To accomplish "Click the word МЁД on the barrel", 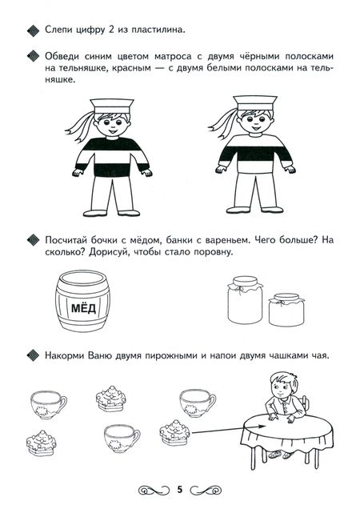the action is click(x=83, y=308).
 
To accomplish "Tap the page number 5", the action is click(x=180, y=490).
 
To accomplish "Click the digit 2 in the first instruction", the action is click(x=111, y=30).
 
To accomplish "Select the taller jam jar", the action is click(x=245, y=300).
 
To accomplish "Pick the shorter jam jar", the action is click(x=286, y=310).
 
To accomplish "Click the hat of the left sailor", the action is click(x=112, y=106).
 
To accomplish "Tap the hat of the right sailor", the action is click(x=255, y=102).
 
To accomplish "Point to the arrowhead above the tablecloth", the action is click(x=262, y=427).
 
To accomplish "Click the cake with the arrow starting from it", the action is click(x=175, y=433).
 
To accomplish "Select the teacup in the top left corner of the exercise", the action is click(x=48, y=404).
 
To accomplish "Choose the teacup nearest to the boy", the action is click(x=198, y=403).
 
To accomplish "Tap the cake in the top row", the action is click(x=111, y=398).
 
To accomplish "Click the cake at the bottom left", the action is click(x=42, y=443).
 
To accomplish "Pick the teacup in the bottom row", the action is click(x=122, y=439).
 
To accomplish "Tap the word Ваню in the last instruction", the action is click(x=100, y=355).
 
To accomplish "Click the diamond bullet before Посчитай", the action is click(x=33, y=240).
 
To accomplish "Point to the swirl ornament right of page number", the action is click(x=206, y=490).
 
